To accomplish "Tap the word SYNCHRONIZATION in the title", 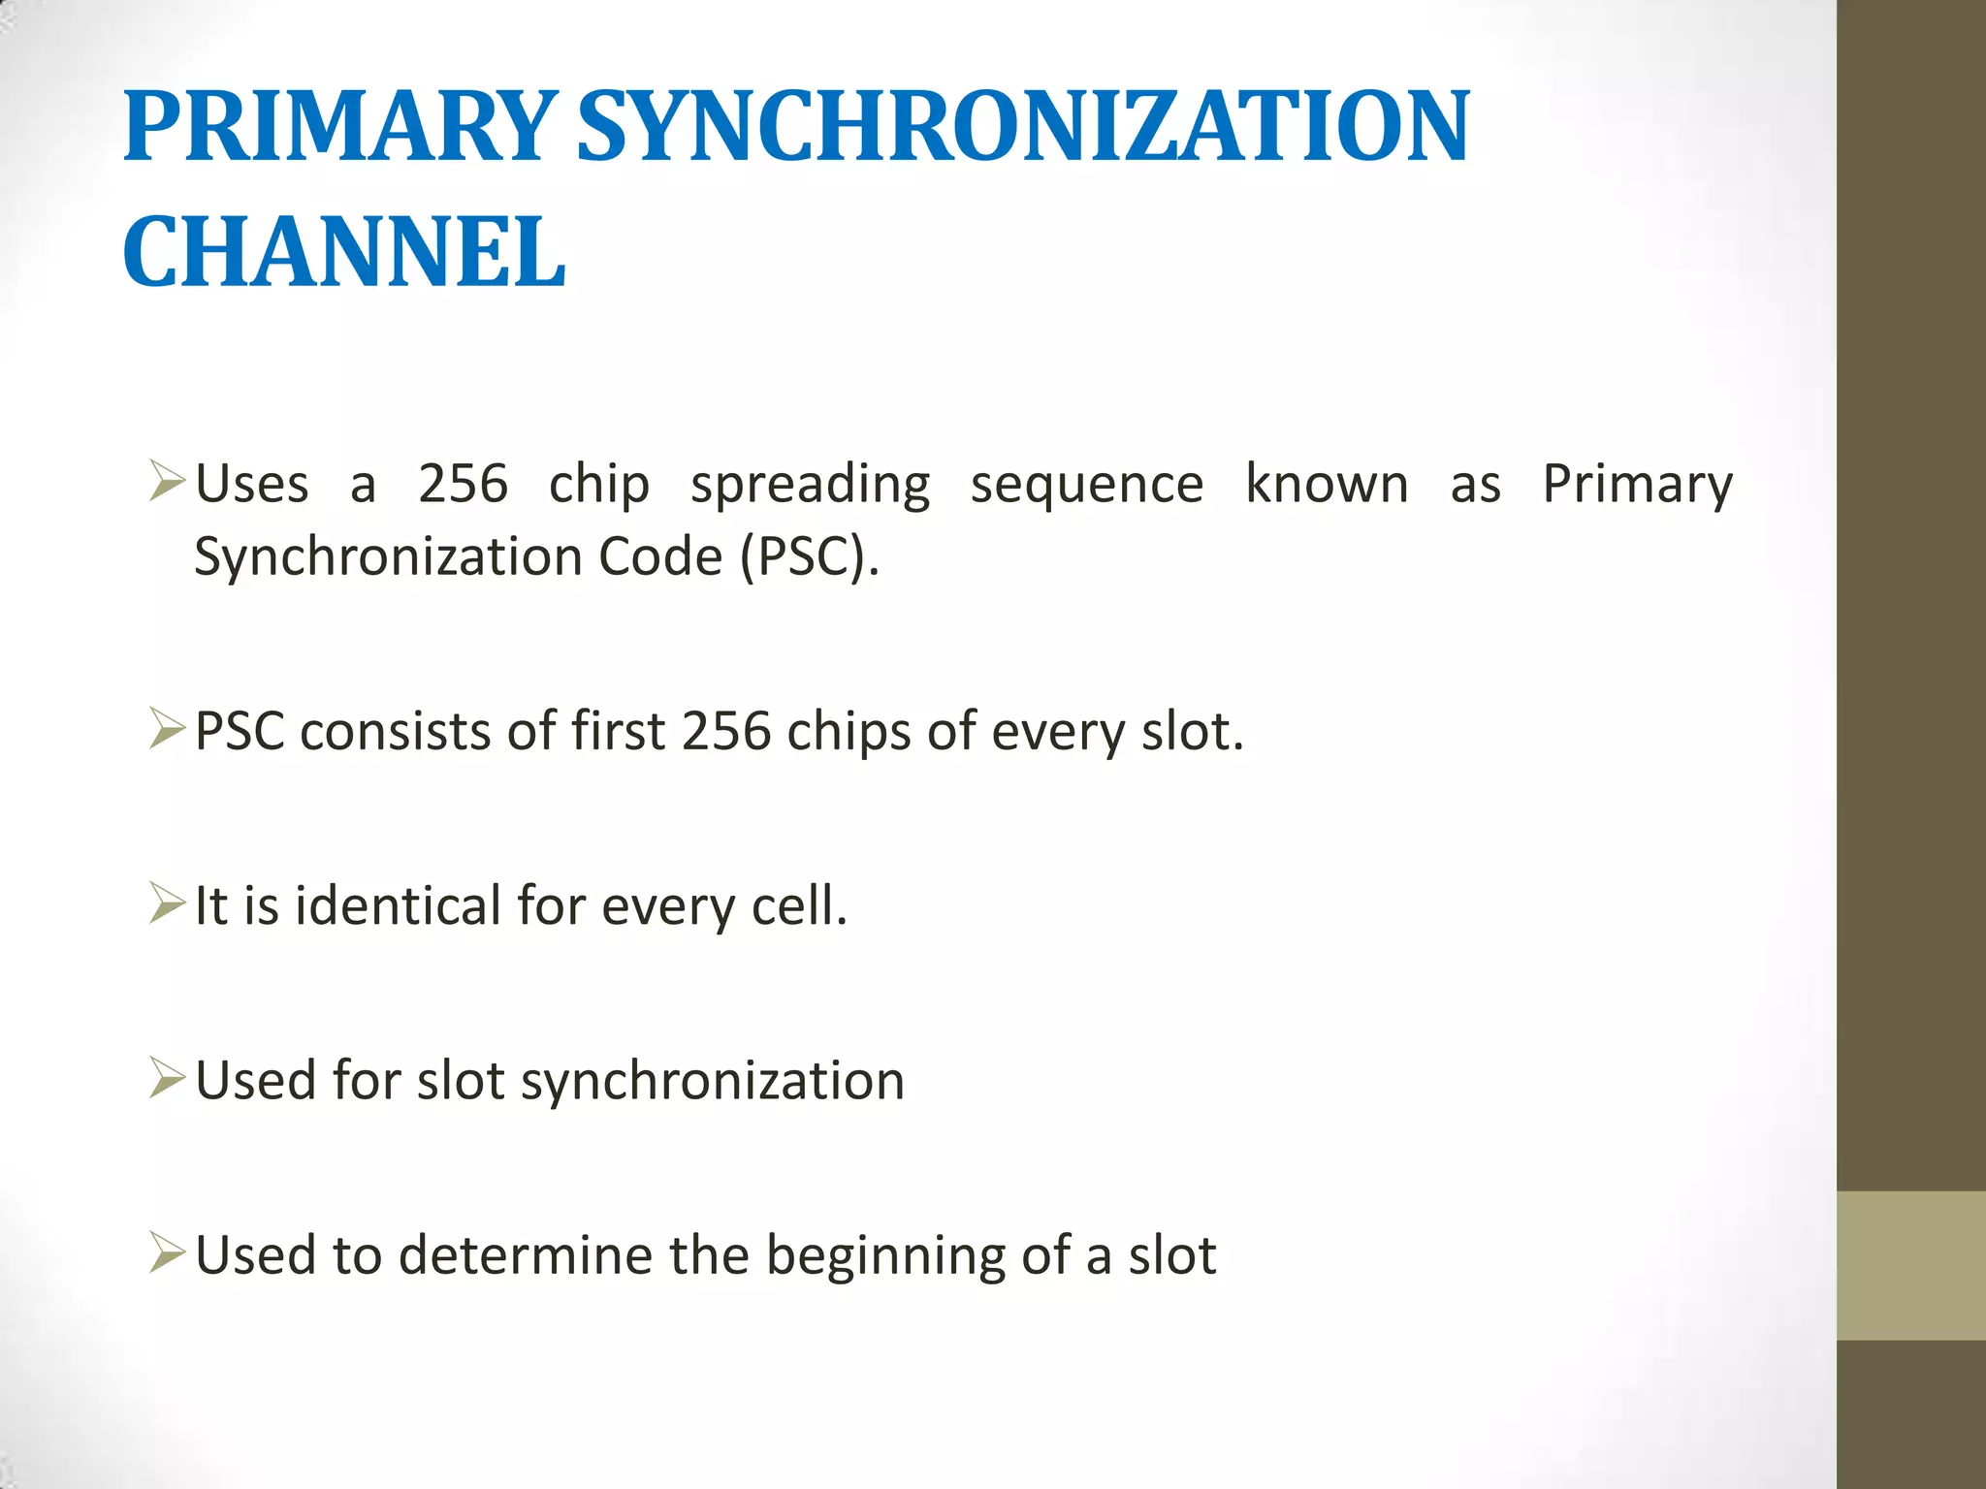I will [1023, 126].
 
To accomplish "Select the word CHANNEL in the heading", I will [344, 252].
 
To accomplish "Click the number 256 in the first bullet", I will [463, 484].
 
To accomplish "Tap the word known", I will [1326, 484].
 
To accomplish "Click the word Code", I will [660, 557].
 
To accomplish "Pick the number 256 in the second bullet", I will [725, 731].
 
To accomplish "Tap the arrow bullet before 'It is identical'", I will [167, 903].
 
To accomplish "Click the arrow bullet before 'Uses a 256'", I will [167, 482].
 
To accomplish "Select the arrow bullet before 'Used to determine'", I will [167, 1252].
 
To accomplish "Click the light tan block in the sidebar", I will [1910, 1265].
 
